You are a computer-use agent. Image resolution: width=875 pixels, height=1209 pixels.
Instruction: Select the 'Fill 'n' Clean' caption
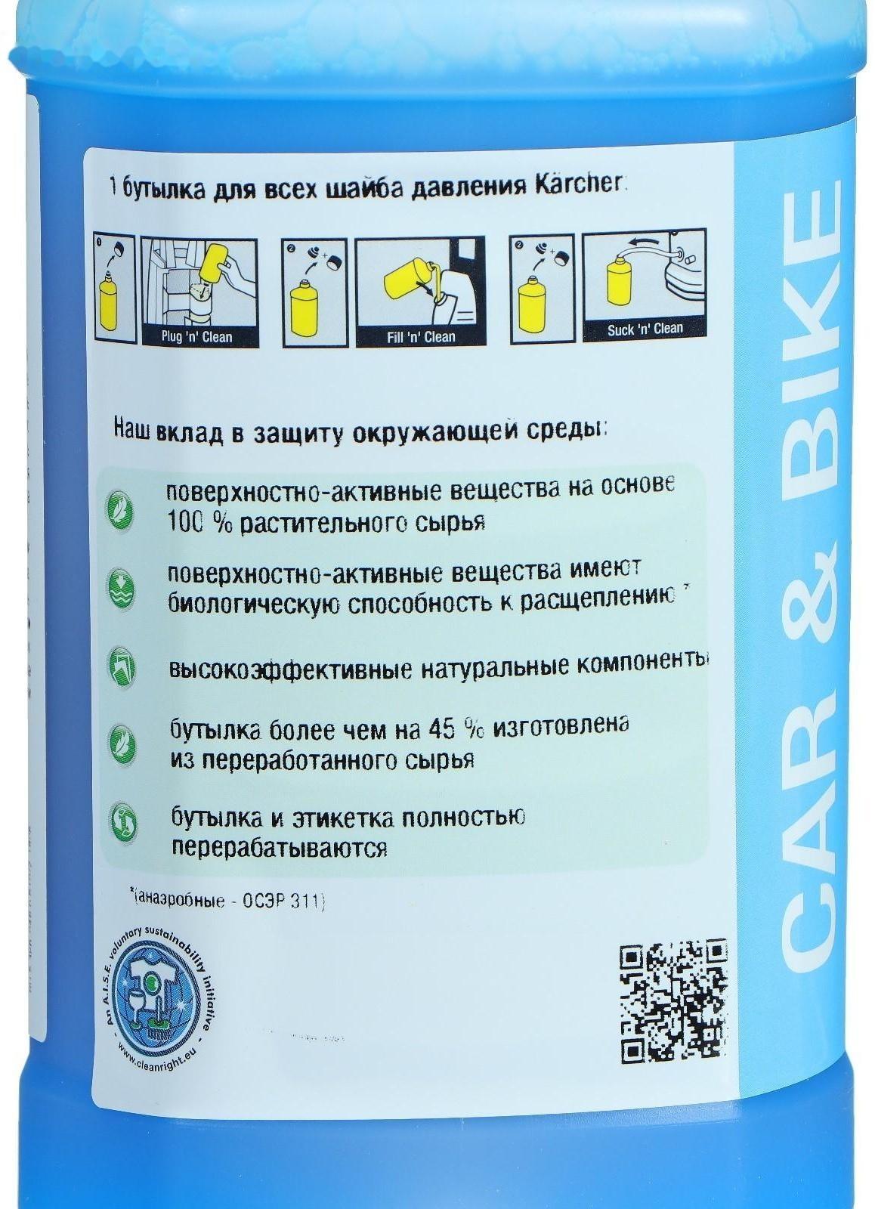pyautogui.click(x=421, y=336)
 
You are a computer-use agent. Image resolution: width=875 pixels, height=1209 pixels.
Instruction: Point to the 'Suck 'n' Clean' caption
pyautogui.click(x=645, y=329)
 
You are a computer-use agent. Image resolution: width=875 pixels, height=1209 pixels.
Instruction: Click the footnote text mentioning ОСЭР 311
pyautogui.click(x=227, y=901)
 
